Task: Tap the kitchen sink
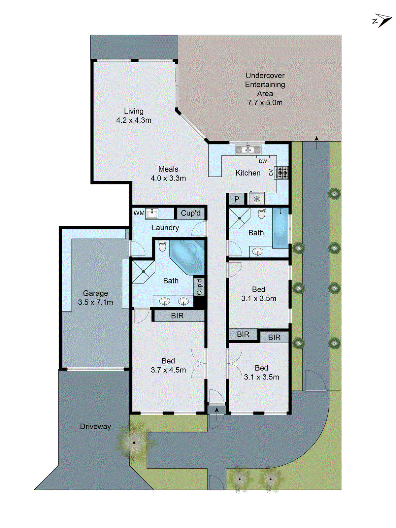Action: pos(248,150)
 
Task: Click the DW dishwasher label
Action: pos(263,161)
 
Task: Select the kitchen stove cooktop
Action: pos(282,172)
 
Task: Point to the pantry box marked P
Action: pos(237,199)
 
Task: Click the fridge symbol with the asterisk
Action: pos(257,199)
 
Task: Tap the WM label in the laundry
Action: pos(139,213)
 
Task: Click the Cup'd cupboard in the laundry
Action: pos(191,213)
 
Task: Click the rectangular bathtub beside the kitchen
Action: pos(280,228)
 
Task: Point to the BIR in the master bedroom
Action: pos(178,316)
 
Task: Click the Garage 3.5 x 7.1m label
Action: pos(95,298)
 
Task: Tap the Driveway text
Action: pos(95,426)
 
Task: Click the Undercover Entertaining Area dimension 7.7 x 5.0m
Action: pos(265,103)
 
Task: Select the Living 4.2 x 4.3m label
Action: pos(134,115)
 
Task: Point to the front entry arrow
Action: pos(217,414)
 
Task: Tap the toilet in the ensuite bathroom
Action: pos(162,246)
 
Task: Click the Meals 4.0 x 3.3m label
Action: pos(168,174)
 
